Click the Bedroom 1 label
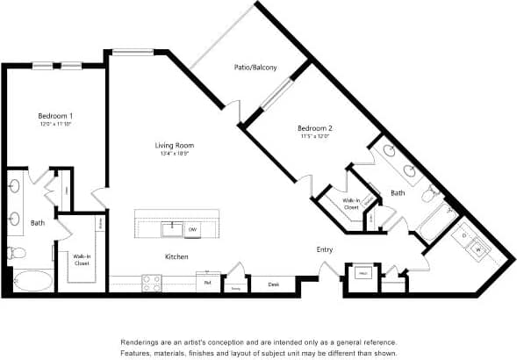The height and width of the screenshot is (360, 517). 54,116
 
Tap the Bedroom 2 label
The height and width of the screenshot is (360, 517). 313,128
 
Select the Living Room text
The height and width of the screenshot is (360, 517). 174,145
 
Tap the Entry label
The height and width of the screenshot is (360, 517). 324,250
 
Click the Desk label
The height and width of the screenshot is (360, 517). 274,284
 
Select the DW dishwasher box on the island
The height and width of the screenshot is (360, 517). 191,229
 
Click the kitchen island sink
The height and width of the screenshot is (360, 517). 172,228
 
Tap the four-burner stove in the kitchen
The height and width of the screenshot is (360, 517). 152,283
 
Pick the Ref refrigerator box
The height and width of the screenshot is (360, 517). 208,283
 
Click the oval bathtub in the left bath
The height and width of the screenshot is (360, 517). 31,281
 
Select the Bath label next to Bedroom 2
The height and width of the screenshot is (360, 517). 398,192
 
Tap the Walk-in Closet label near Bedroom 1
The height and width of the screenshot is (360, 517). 82,259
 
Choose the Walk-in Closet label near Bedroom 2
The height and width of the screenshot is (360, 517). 350,204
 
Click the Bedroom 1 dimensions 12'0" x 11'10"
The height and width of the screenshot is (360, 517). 54,126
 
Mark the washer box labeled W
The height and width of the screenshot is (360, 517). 478,250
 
